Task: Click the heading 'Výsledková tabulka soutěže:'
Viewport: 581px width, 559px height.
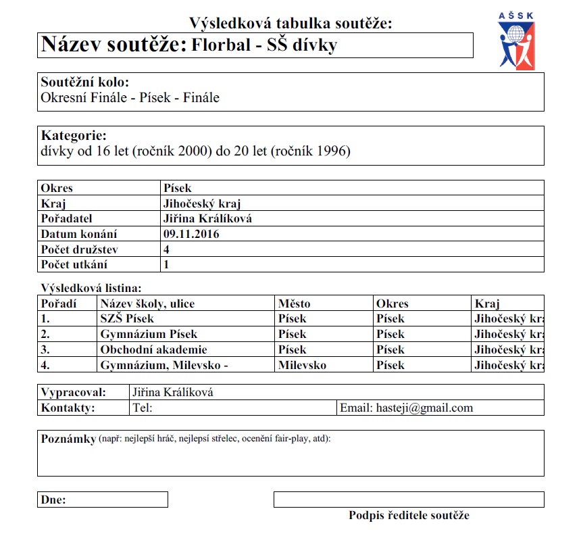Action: pos(290,24)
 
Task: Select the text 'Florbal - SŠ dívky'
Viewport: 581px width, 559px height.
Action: pos(264,46)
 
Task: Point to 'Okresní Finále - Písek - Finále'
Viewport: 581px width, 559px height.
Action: pos(130,97)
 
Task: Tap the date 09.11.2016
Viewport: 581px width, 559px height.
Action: pos(191,235)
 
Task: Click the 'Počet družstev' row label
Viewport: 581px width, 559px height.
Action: pos(80,249)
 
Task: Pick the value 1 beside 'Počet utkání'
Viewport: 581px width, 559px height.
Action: pos(167,265)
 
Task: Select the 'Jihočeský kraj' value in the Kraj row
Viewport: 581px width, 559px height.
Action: pos(202,203)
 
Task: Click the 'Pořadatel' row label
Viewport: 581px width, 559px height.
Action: pos(66,219)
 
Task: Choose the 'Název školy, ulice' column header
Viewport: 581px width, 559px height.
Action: pos(147,303)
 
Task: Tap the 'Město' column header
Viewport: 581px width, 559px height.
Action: pos(295,303)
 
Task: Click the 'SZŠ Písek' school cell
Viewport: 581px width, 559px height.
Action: pos(127,319)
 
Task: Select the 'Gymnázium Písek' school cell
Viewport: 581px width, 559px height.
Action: pos(149,334)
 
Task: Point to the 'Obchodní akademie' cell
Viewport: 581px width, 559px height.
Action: pos(153,349)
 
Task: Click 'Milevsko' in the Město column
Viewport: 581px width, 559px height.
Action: pos(302,365)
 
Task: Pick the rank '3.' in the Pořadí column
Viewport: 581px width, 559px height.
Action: pos(46,349)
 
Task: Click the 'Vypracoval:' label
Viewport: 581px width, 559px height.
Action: pos(73,392)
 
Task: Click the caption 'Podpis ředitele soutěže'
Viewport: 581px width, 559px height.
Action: pos(409,516)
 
